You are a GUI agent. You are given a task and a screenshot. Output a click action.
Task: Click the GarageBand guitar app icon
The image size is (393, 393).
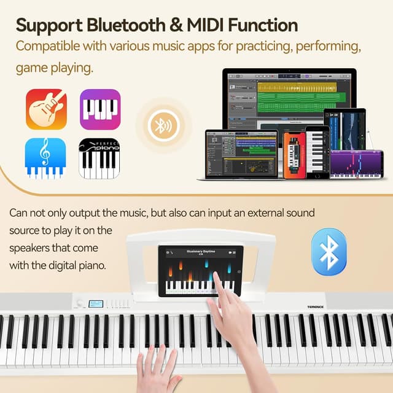click(46, 109)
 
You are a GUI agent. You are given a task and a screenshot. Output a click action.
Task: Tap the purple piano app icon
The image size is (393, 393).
click(99, 109)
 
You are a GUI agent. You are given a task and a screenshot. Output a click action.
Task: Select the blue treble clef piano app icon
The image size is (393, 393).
click(46, 158)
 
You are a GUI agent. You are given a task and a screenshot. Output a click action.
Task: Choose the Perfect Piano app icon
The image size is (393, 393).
click(99, 158)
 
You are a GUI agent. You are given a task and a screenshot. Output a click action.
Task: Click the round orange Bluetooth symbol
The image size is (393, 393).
click(162, 126)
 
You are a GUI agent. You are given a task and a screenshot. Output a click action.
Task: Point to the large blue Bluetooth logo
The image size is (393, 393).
click(329, 252)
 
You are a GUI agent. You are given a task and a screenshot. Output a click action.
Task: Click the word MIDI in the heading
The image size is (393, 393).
click(209, 25)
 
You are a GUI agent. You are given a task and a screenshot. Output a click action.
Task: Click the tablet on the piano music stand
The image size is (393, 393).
click(201, 271)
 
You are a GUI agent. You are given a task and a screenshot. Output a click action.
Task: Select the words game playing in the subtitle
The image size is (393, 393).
click(55, 68)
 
